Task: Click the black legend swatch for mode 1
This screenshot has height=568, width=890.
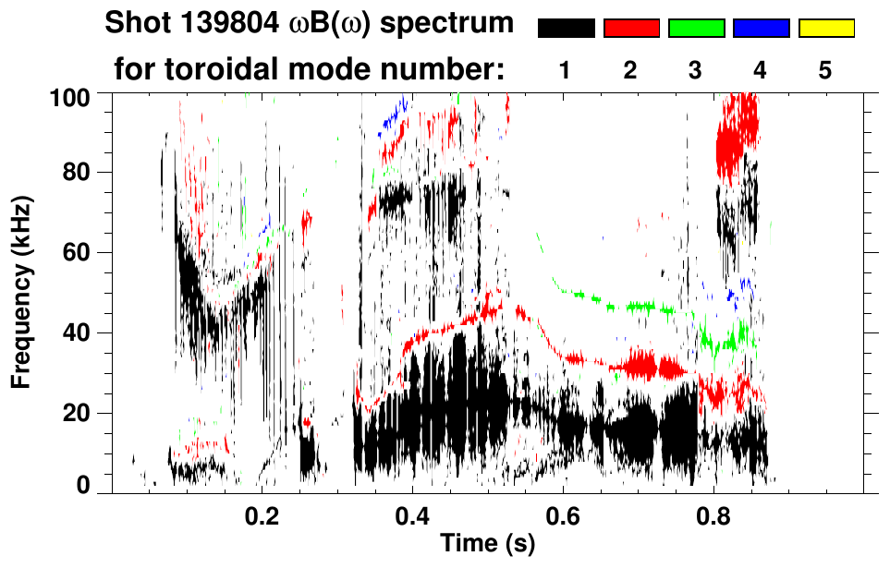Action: point(567,29)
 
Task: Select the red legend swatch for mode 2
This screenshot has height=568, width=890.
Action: point(631,29)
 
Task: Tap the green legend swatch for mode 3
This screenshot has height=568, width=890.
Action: point(696,29)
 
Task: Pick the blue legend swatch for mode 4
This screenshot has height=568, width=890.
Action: point(761,29)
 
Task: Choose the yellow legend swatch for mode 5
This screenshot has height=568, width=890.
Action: point(825,29)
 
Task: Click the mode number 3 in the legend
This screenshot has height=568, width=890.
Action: point(696,71)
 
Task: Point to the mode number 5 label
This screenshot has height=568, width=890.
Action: point(825,71)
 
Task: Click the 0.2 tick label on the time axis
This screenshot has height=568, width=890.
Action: point(262,514)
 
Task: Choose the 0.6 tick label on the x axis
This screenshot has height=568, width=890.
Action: point(563,514)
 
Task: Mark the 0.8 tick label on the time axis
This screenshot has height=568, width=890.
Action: point(713,514)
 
